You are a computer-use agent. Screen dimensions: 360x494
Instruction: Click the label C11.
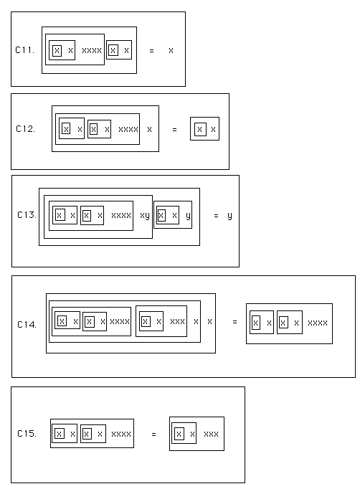coord(24,50)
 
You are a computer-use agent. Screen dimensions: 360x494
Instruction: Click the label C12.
coord(25,129)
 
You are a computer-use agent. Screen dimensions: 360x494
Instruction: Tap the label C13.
coord(27,215)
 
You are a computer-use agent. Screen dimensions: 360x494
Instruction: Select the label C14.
coord(27,325)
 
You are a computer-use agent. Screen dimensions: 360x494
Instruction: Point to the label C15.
coord(27,434)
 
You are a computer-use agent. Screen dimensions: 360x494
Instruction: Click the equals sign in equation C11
coord(151,50)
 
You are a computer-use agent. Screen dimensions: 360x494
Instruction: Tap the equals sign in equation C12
coord(175,130)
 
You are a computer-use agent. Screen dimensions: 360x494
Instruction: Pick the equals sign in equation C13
coord(216,216)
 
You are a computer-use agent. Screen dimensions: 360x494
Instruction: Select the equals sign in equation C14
coord(235,322)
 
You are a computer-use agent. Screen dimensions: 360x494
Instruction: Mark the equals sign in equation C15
coord(154,434)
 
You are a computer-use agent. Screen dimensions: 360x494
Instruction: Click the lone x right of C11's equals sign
coord(171,50)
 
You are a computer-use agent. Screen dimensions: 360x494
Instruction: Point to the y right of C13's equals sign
coord(229,216)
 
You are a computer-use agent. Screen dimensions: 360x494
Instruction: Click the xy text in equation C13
coord(145,216)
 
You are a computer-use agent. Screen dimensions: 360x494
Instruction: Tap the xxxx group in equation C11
coord(92,50)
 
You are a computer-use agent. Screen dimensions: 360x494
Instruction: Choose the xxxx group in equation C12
coord(128,129)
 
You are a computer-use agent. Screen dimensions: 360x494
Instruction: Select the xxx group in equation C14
coord(177,321)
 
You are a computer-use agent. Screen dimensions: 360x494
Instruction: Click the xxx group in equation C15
coord(212,434)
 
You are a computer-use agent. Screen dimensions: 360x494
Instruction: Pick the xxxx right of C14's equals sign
coord(318,323)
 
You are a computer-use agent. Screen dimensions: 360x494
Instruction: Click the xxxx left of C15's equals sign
coord(121,434)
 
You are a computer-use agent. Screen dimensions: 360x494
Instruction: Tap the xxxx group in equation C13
coord(121,216)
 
